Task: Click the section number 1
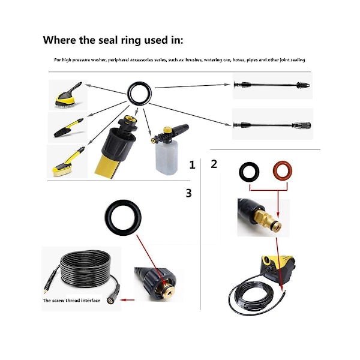click(x=192, y=165)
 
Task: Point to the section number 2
click(x=214, y=164)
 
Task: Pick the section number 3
click(x=188, y=193)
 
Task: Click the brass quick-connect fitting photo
click(x=263, y=217)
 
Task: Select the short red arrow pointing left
click(x=127, y=300)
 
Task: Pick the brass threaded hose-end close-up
click(x=159, y=284)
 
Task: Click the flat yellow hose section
click(x=108, y=166)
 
